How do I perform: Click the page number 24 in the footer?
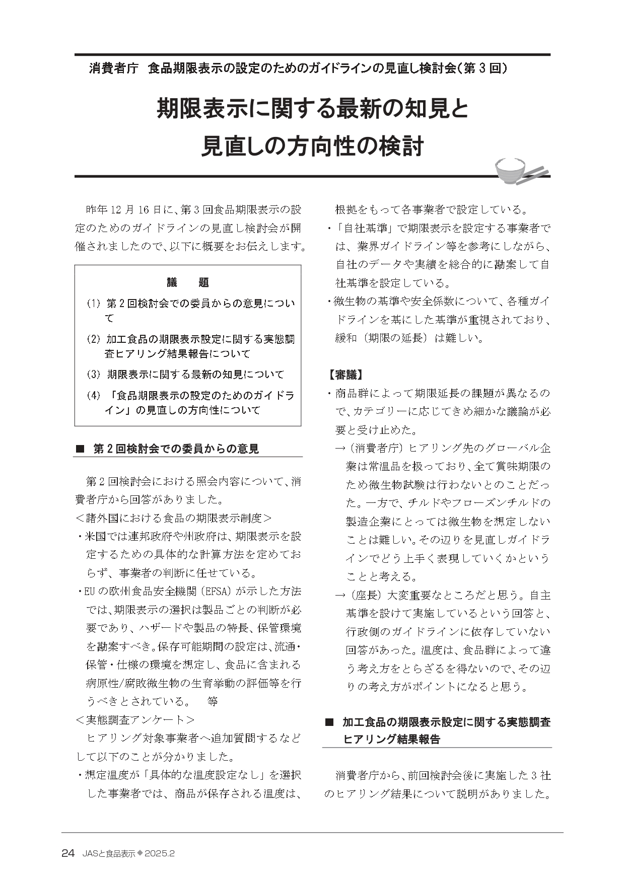(x=68, y=853)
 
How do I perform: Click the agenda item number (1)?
(x=94, y=304)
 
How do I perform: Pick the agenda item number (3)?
(x=94, y=375)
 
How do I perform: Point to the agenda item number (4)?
(x=94, y=396)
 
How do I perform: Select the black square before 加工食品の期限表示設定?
(x=330, y=722)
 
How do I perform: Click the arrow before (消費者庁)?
(x=340, y=448)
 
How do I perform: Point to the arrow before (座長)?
(x=340, y=596)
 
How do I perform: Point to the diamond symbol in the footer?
(x=140, y=853)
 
